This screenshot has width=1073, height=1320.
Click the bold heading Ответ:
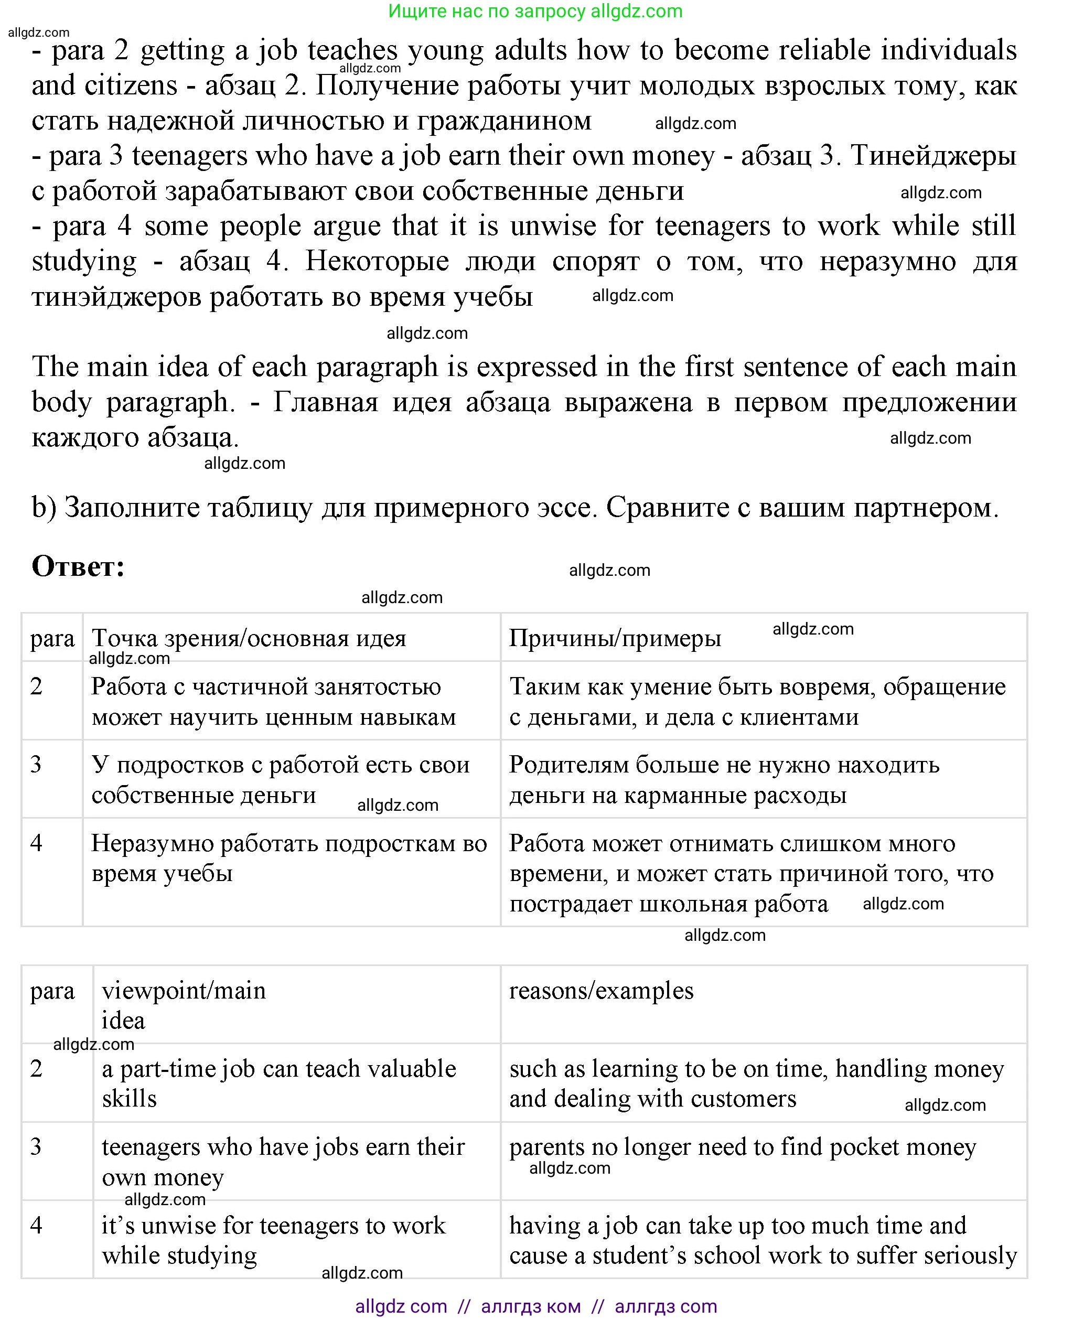pos(78,566)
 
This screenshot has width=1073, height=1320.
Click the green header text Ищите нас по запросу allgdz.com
pos(535,11)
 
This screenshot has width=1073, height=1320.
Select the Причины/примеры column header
pos(615,638)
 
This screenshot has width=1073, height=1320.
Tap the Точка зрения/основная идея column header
pos(249,638)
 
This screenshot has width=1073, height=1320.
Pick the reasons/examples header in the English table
pos(601,991)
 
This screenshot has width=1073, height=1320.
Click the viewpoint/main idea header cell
pos(184,1005)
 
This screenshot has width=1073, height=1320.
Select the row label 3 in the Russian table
pos(36,765)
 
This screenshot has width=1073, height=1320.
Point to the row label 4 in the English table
pos(36,1226)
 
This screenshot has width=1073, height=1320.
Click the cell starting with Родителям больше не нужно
pos(724,779)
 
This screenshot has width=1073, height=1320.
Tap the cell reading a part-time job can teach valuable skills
pos(279,1083)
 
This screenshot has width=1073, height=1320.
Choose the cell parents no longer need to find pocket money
pos(742,1147)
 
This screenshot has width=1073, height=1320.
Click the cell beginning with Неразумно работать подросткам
pos(288,858)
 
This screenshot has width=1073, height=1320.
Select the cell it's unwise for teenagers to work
pos(273,1240)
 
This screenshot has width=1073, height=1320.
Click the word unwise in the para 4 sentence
pos(553,226)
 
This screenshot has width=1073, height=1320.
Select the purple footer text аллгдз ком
pos(530,1306)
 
